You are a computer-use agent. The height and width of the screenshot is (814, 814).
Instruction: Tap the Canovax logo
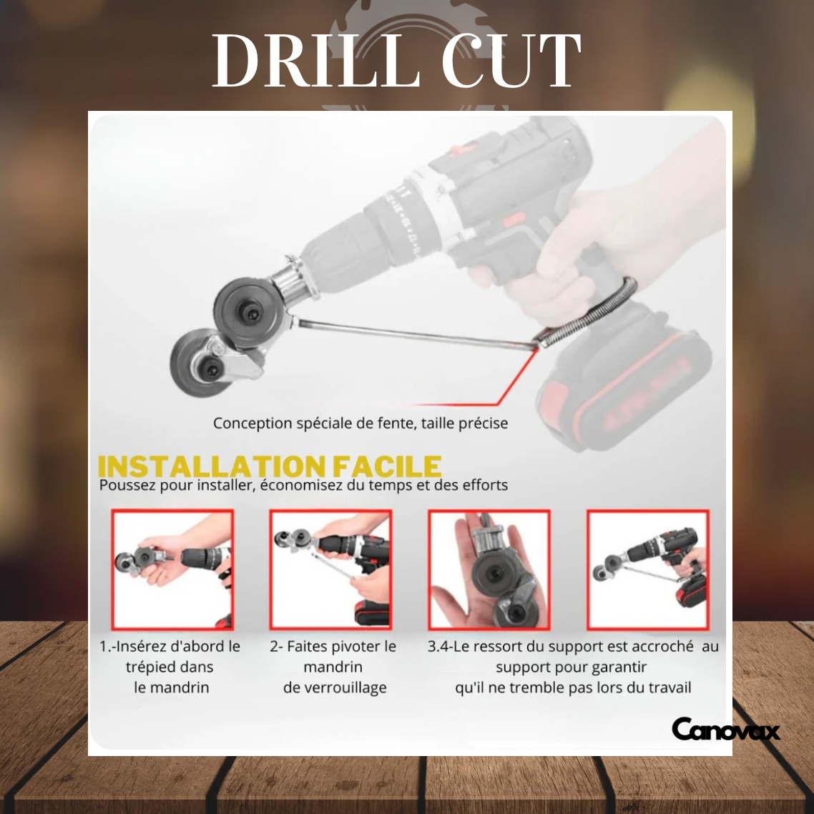click(x=725, y=730)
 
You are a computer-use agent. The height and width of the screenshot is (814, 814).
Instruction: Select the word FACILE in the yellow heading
click(x=386, y=466)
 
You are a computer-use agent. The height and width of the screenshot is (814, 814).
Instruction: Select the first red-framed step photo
click(x=172, y=569)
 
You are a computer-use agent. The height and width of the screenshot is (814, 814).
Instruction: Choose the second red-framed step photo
click(x=330, y=569)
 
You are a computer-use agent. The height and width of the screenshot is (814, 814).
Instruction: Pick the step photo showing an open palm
click(x=489, y=569)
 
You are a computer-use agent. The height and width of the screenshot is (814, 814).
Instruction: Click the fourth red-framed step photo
click(x=648, y=569)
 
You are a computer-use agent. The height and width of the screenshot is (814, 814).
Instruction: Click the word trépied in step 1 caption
click(x=151, y=667)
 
